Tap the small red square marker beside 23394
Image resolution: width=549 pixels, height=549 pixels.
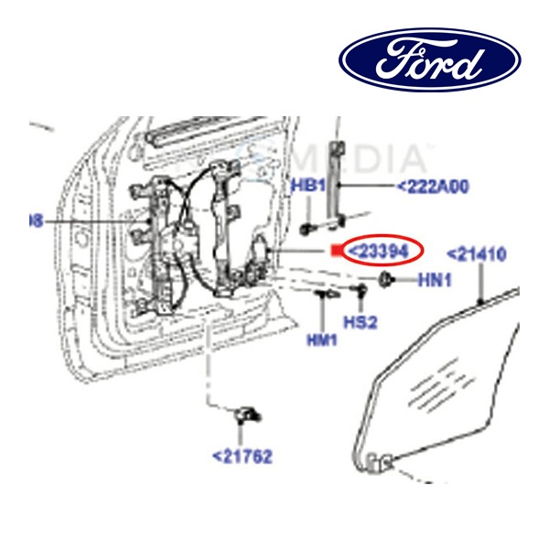click(x=336, y=249)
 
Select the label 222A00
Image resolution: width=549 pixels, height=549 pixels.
click(x=432, y=187)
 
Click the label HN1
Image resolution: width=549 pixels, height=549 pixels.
click(x=435, y=281)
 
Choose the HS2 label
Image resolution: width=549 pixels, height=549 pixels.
click(x=360, y=321)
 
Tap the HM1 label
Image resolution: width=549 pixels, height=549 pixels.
click(x=321, y=339)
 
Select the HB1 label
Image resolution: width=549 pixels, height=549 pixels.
click(x=308, y=186)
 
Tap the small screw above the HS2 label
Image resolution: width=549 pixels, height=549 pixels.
click(x=361, y=292)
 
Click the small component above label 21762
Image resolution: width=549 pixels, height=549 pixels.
click(x=245, y=414)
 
